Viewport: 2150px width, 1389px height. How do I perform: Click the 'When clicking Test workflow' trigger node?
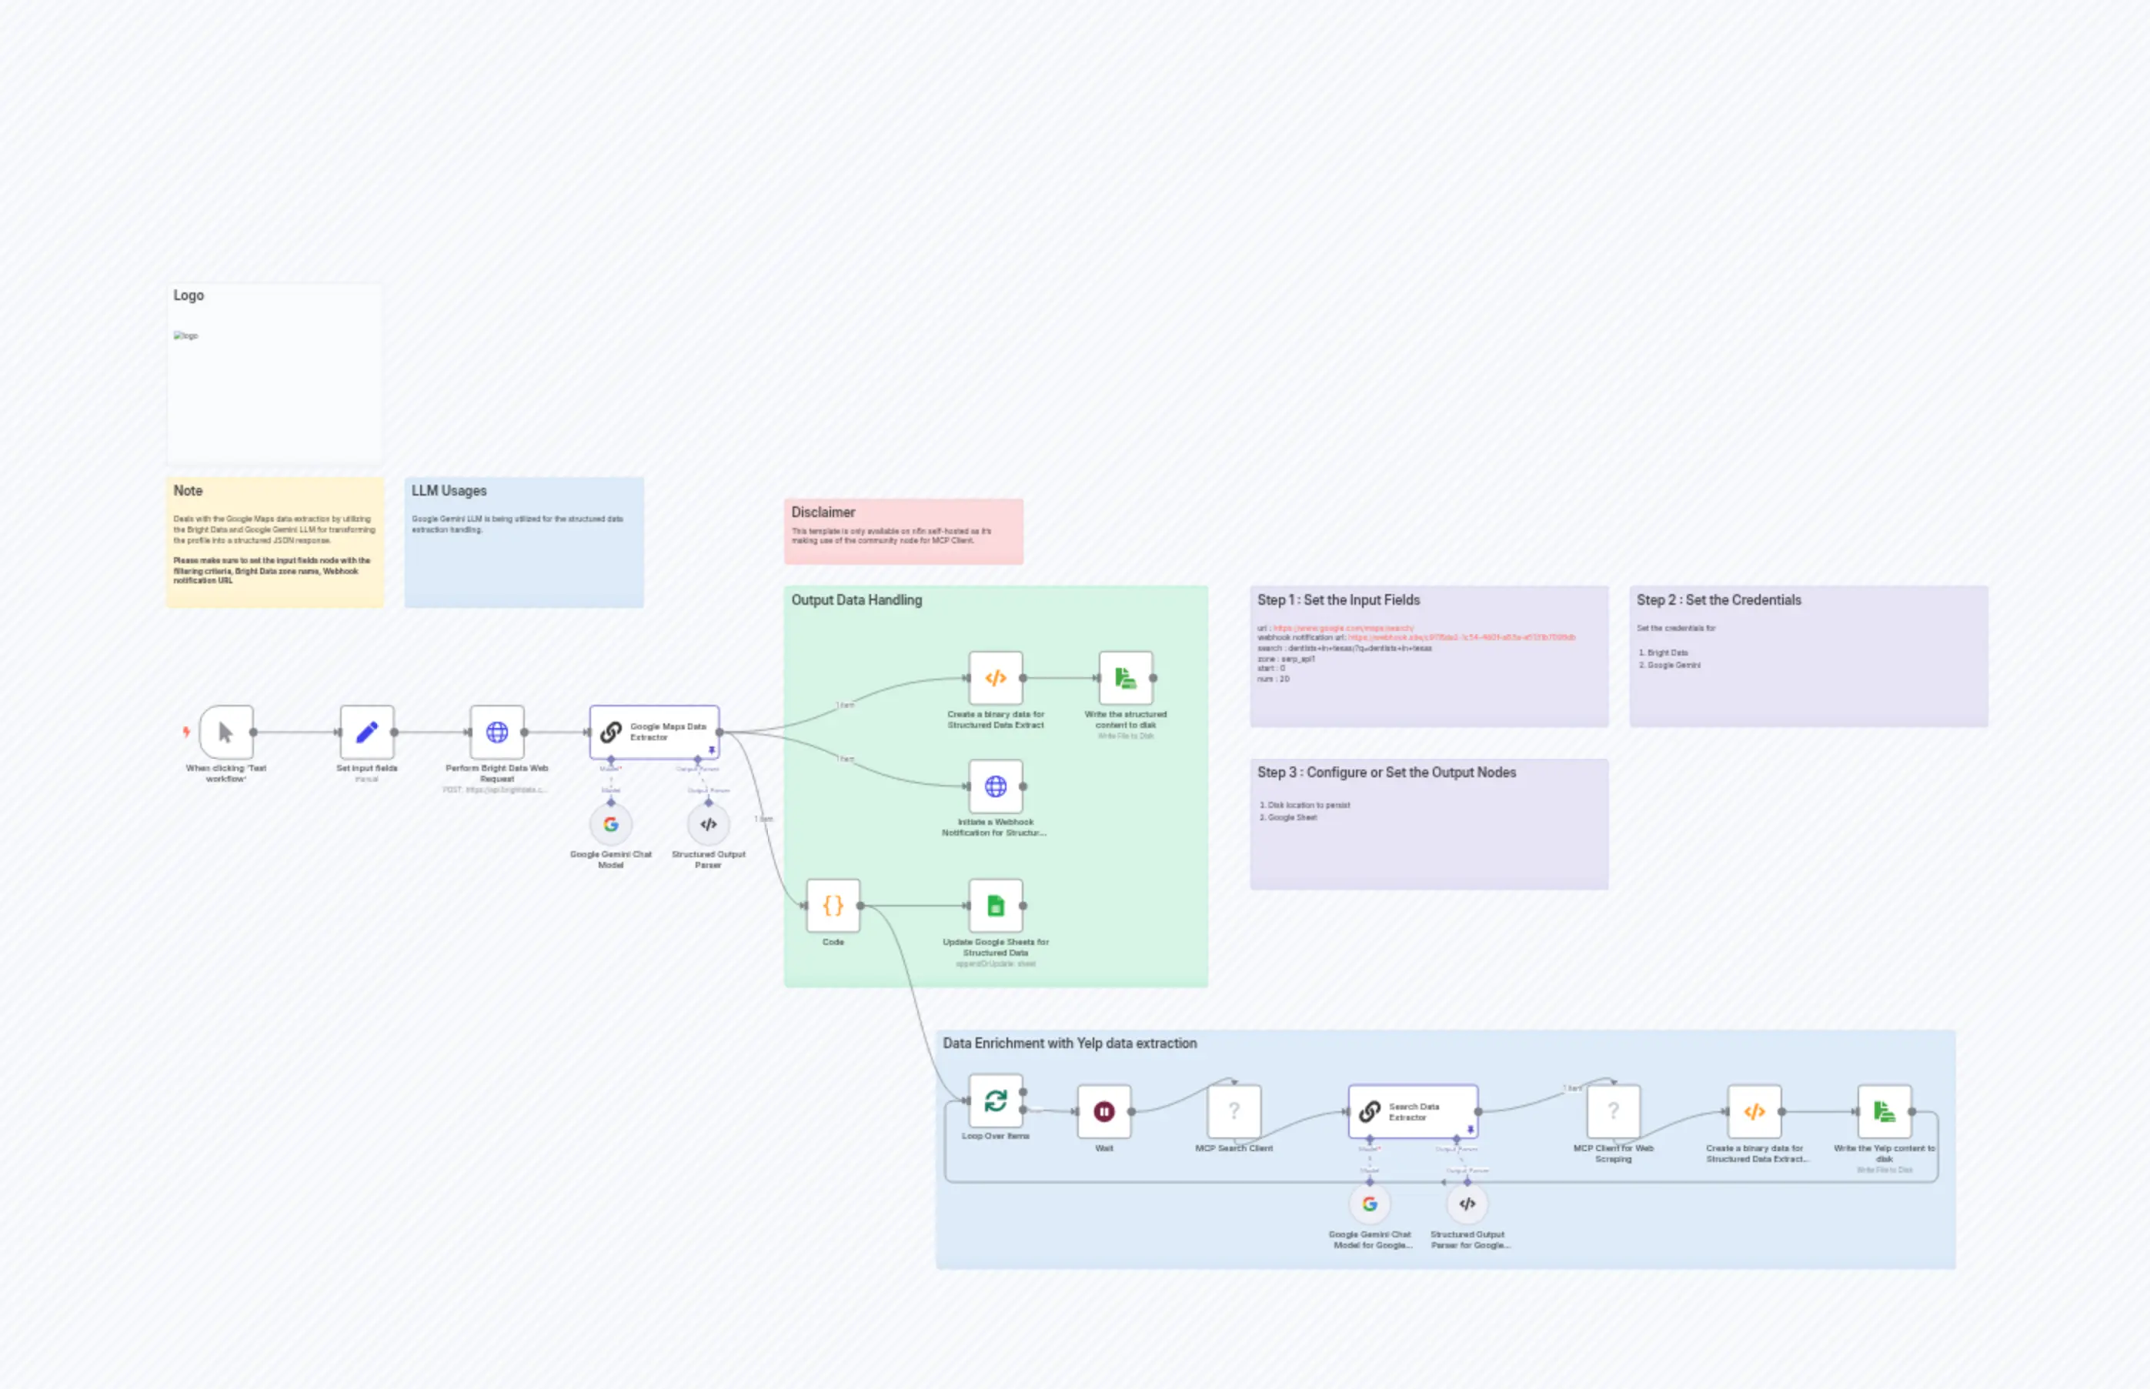pos(225,732)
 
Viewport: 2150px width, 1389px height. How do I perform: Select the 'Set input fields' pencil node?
pos(366,732)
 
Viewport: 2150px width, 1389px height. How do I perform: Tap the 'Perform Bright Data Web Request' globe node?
pos(496,732)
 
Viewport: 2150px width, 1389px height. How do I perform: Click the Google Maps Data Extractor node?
pos(654,732)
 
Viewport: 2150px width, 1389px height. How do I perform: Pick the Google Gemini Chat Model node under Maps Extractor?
pos(610,824)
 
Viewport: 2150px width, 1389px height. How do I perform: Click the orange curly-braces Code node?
pos(833,906)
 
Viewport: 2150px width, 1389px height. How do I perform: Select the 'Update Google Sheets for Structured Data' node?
pos(995,906)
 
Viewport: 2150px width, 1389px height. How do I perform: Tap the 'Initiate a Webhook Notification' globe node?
pos(995,786)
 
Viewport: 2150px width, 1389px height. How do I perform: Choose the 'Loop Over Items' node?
pos(995,1100)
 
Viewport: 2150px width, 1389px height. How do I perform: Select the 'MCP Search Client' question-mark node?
pos(1233,1111)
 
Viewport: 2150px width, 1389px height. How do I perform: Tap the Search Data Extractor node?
pos(1412,1111)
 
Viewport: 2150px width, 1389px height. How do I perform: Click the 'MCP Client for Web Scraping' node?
pos(1613,1111)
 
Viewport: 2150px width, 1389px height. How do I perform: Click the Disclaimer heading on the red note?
pos(823,513)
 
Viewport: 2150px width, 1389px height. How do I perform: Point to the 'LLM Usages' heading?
pos(449,491)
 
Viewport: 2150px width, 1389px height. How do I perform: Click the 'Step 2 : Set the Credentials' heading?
pos(1718,599)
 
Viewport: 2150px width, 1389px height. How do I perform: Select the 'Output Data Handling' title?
pos(856,599)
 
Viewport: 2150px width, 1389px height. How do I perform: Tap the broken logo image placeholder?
pos(185,336)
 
